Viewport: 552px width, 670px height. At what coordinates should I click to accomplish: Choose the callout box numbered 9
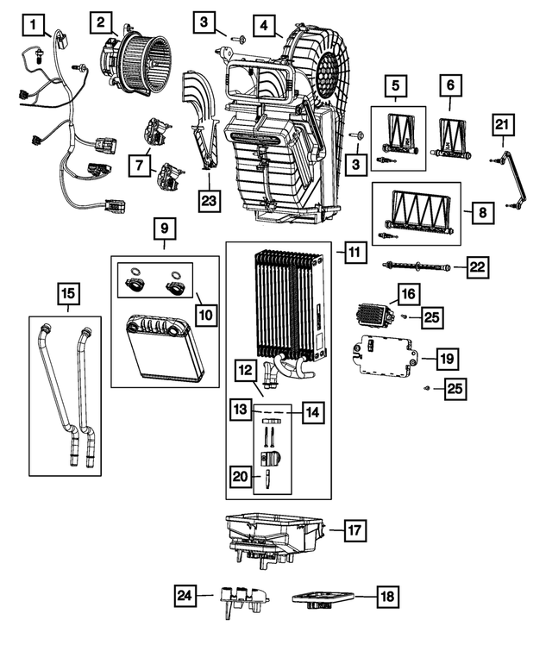coord(164,229)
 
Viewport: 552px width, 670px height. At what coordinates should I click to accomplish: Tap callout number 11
coord(354,253)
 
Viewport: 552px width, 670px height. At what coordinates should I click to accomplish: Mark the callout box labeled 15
coord(66,295)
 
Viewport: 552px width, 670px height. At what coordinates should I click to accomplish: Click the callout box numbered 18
coord(388,595)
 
